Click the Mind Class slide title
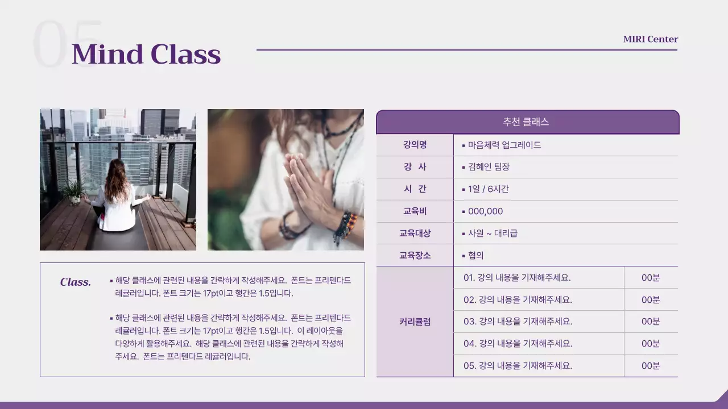[146, 55]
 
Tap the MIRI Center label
[650, 39]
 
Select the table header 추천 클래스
[526, 122]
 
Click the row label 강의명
[415, 145]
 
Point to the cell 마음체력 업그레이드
[504, 145]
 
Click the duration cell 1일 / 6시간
[488, 189]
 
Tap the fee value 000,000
[485, 211]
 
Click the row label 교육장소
[415, 256]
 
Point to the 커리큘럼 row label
[415, 322]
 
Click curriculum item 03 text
[518, 322]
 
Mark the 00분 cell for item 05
[651, 366]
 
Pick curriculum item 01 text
[516, 278]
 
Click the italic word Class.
[76, 282]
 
